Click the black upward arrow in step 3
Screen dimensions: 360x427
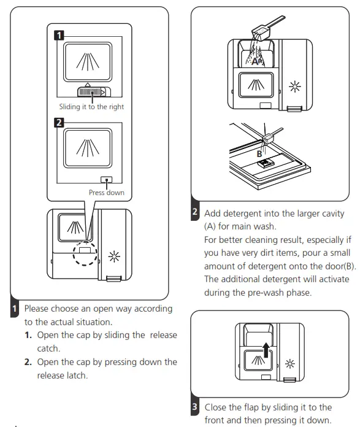(266, 350)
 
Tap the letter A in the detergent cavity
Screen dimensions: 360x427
(255, 61)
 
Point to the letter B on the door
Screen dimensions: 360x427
(259, 154)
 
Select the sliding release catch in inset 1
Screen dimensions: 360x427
(94, 92)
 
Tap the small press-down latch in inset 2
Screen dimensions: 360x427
(107, 180)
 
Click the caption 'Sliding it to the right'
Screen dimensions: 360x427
(91, 107)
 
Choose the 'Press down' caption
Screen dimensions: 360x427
(107, 193)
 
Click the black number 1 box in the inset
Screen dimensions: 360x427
(59, 35)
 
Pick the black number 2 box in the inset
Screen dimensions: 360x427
(59, 122)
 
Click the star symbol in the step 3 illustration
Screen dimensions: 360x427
(289, 364)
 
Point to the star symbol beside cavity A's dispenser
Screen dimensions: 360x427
(295, 87)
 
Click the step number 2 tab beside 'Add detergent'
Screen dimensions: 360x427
(195, 211)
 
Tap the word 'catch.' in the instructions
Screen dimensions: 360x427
(48, 348)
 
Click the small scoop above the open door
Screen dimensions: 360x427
(272, 136)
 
